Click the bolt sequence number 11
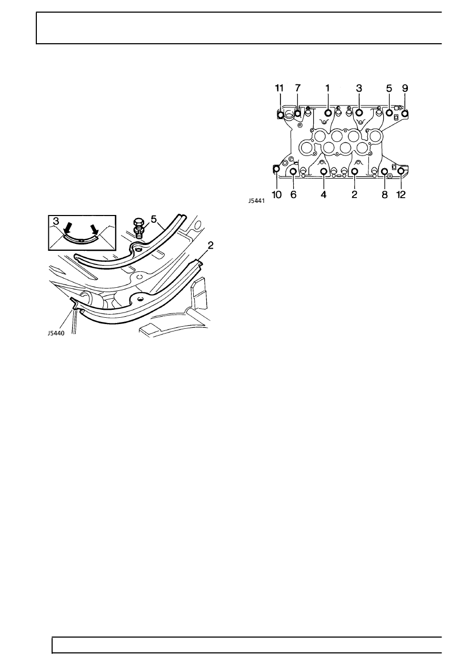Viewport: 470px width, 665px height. coord(279,88)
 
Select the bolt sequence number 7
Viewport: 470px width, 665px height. coord(298,88)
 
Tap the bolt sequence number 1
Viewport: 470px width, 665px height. coord(327,88)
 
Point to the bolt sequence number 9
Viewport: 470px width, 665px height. coord(405,88)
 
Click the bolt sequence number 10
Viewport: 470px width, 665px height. coord(277,195)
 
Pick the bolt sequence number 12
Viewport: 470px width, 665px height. coord(401,195)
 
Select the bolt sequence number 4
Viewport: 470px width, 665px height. coord(324,195)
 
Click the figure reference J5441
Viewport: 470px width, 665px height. coord(256,201)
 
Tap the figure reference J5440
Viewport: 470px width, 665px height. coord(56,333)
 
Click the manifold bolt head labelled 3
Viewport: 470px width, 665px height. coord(359,113)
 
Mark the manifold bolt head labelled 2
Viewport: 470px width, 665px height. coord(355,171)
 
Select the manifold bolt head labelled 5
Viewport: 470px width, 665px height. coord(389,113)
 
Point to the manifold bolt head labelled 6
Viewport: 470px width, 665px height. coord(293,171)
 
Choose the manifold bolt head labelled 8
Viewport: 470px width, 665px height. coord(384,171)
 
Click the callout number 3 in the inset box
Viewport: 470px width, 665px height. coord(56,221)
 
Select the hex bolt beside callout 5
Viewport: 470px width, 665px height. coord(138,228)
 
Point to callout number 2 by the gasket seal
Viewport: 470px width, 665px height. coord(211,245)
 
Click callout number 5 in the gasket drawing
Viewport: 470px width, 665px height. coord(154,219)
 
